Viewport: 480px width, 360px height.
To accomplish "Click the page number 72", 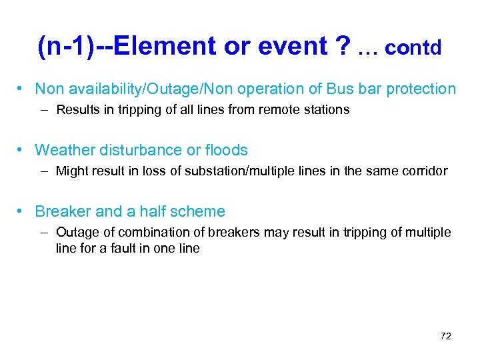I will click(446, 336).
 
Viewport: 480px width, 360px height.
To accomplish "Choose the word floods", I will click(225, 150).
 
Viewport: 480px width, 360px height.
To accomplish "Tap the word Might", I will click(71, 171).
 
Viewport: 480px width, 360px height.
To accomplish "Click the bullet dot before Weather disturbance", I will click(22, 150).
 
